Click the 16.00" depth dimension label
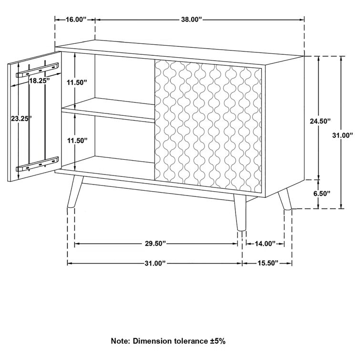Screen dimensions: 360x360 [x=75, y=20]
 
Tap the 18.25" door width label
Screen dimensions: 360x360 [x=39, y=81]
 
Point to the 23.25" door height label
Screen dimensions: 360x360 [x=22, y=118]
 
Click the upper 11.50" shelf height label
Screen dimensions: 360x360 [x=77, y=82]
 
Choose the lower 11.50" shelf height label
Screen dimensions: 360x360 [x=77, y=140]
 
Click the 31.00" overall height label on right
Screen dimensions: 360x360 [x=343, y=135]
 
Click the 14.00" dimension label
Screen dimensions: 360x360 [x=265, y=244]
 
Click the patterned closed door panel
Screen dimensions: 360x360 [x=208, y=126]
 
